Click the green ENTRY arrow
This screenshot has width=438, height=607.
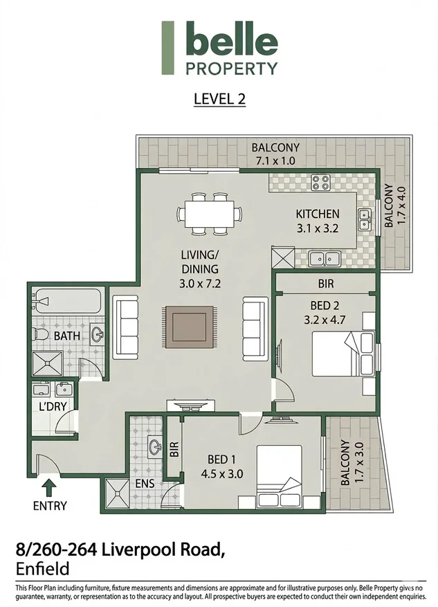(48, 488)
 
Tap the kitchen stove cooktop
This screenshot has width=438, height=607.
(321, 182)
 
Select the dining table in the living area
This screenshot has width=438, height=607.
(210, 214)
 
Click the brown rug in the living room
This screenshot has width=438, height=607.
(189, 327)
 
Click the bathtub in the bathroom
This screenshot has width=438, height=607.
(67, 300)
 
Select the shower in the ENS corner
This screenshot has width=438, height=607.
(117, 493)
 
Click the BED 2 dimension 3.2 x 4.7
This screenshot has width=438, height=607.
(325, 320)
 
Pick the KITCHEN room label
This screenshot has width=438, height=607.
(318, 214)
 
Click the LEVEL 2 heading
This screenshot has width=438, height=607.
(219, 99)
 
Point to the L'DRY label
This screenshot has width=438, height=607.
(53, 406)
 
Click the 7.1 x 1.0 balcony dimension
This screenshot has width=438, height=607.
(275, 161)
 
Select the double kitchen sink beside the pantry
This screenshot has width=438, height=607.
(325, 259)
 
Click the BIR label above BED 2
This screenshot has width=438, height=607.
(325, 284)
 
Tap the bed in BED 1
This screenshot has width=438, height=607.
(279, 477)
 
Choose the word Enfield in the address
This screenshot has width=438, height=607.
(43, 569)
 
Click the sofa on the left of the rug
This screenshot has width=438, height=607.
(125, 327)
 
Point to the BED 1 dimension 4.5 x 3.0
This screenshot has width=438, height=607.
(221, 474)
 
